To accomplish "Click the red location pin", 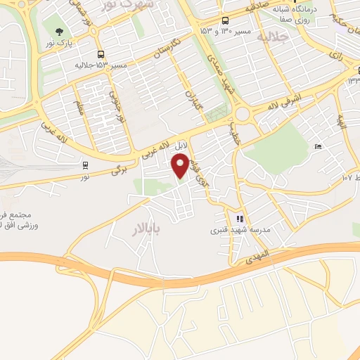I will [181, 166].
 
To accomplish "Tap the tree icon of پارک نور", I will [57, 32].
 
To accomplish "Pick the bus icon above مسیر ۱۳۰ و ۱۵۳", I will [225, 20].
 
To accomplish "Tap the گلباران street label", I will [192, 103].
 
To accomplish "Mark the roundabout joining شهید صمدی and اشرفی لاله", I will [244, 113].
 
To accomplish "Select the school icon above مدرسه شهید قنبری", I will [240, 219].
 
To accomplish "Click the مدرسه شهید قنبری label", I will [240, 230].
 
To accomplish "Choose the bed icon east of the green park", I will [319, 146].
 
